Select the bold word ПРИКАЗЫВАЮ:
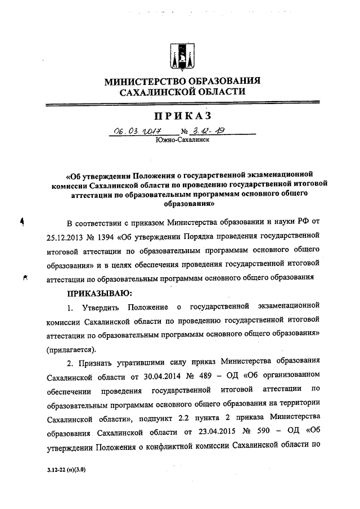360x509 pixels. (100, 292)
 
